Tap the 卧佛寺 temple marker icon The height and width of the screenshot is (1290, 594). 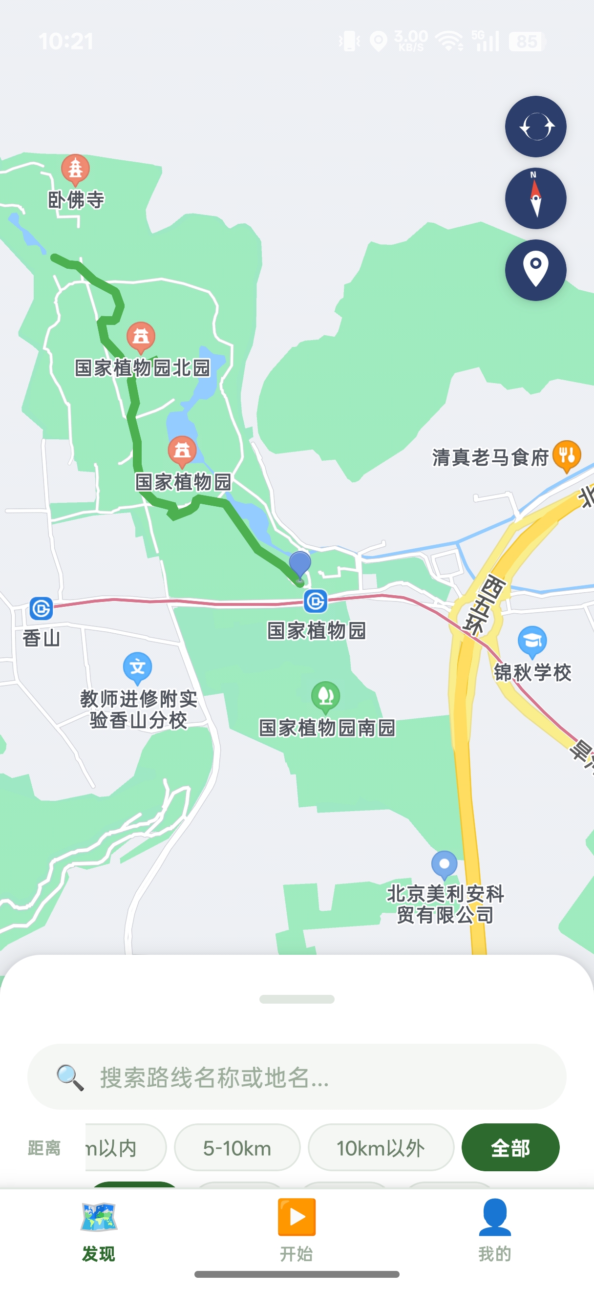[75, 168]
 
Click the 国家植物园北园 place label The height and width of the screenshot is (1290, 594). [142, 367]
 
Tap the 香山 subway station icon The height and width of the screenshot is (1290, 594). [41, 608]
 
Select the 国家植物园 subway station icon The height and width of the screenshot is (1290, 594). [315, 601]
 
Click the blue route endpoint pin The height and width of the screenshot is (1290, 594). [300, 565]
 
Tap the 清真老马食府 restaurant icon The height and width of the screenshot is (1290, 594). [567, 455]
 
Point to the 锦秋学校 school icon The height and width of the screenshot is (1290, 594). [532, 641]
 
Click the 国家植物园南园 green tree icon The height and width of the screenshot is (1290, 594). [326, 696]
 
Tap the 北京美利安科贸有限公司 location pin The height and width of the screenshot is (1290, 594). [444, 864]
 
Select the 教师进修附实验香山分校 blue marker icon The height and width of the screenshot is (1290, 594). [138, 667]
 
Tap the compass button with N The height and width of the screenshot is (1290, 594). [535, 198]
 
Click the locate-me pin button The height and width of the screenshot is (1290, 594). [535, 270]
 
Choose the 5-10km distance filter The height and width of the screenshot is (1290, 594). [237, 1148]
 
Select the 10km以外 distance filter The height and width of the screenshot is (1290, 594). [381, 1148]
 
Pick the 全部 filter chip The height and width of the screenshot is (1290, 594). [510, 1148]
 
